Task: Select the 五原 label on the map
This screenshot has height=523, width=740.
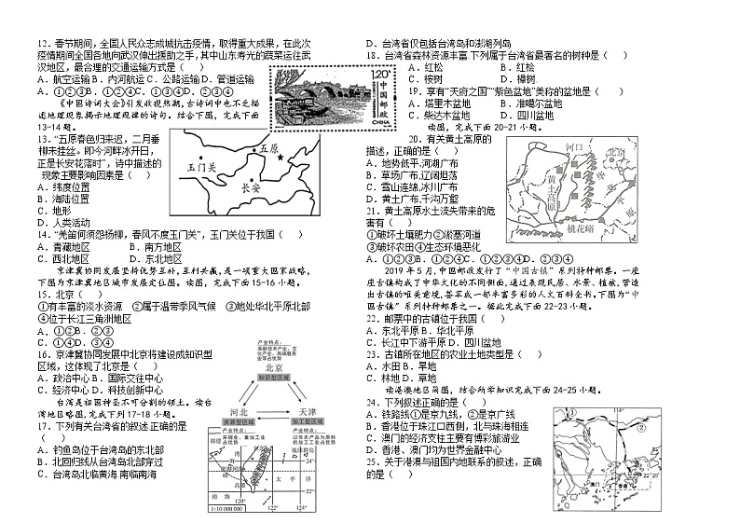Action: pyautogui.click(x=269, y=147)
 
